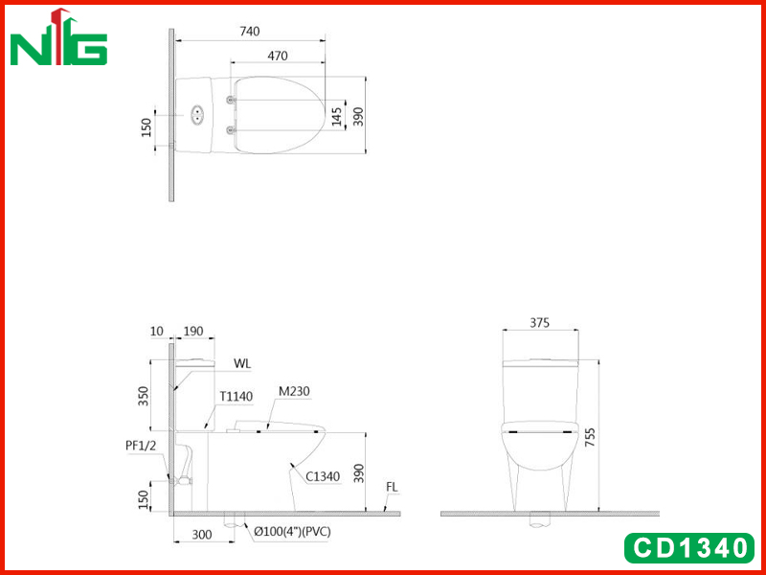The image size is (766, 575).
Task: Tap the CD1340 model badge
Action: point(689,547)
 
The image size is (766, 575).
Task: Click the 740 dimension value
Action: point(250,32)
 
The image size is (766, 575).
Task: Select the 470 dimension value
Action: point(278,56)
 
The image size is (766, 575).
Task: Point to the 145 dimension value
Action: point(337,117)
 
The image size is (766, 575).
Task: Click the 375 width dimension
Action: point(540,323)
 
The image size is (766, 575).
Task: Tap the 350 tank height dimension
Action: point(143,397)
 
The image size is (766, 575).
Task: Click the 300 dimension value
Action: point(202,535)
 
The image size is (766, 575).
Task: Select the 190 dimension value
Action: point(193,331)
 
